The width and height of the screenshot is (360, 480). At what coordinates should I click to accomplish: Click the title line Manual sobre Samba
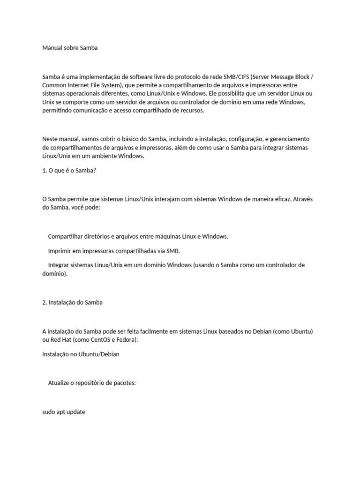70,48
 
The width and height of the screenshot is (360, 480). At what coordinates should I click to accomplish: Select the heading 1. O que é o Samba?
69,170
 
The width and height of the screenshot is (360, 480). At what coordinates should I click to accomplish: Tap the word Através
304,199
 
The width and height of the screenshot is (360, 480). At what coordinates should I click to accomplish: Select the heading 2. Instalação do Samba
72,302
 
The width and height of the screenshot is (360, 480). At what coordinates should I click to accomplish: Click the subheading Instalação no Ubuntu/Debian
81,354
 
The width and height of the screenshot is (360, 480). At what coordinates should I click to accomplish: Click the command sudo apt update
64,412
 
